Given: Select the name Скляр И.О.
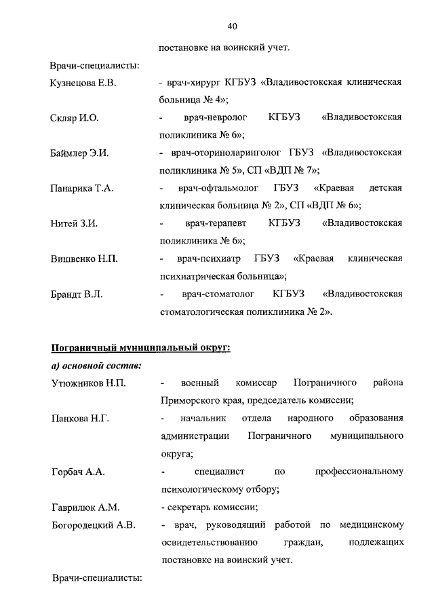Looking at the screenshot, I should coord(75,118).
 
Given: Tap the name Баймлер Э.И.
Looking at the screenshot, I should coord(79,153).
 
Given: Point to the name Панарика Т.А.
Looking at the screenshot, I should coord(81,189).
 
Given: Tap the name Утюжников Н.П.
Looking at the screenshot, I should coord(88,383).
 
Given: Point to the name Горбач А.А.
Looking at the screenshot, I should coord(77,471).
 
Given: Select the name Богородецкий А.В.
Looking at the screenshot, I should coord(94,524).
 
